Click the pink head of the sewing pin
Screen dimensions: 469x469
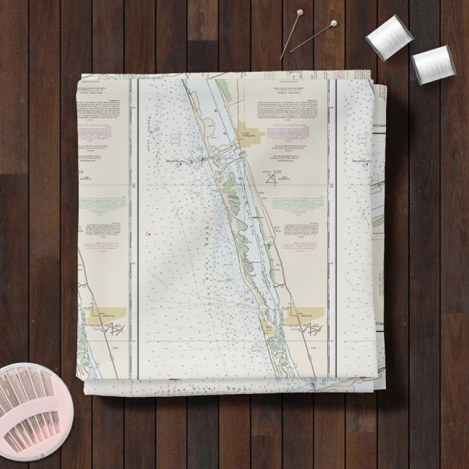coord(299,12)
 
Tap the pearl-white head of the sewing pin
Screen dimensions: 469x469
coord(333,23)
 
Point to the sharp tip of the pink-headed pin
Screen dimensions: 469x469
coord(280,58)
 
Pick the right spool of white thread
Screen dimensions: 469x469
coord(433,64)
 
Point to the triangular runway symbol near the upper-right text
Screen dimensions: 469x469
coord(272,177)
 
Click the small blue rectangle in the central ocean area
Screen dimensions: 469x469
coord(175,137)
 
